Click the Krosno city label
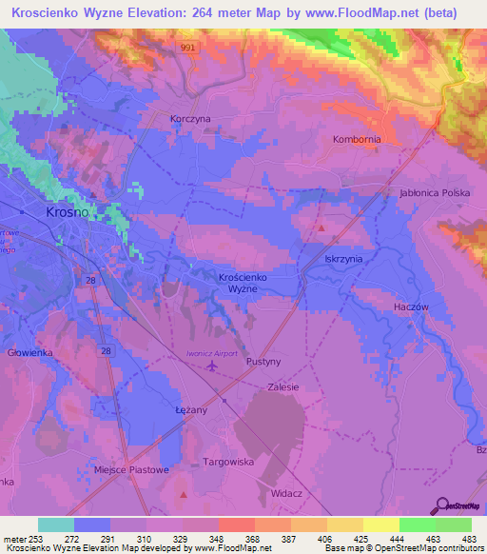(x=68, y=212)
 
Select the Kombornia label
(x=357, y=139)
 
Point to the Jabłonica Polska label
(x=436, y=193)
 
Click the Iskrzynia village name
(x=343, y=258)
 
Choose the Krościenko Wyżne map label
(x=234, y=282)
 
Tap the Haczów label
(x=413, y=307)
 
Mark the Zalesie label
(x=283, y=387)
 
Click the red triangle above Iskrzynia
(x=321, y=228)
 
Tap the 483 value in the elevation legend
(x=469, y=540)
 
